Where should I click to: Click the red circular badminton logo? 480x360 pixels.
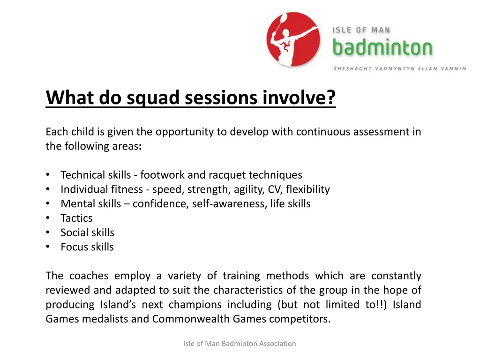(x=293, y=39)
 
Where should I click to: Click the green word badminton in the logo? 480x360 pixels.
(x=382, y=48)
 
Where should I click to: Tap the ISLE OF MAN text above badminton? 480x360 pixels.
(x=361, y=30)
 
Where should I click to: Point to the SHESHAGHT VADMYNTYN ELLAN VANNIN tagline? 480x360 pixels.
(x=400, y=68)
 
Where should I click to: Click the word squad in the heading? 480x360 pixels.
(x=153, y=97)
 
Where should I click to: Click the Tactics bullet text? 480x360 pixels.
(x=76, y=218)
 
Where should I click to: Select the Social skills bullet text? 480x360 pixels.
(x=87, y=232)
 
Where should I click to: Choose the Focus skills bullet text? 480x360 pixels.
(x=87, y=247)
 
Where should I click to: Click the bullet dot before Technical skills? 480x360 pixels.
(x=48, y=175)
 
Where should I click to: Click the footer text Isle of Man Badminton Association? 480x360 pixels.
(x=240, y=344)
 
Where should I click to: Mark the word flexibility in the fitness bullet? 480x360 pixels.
(x=308, y=189)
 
